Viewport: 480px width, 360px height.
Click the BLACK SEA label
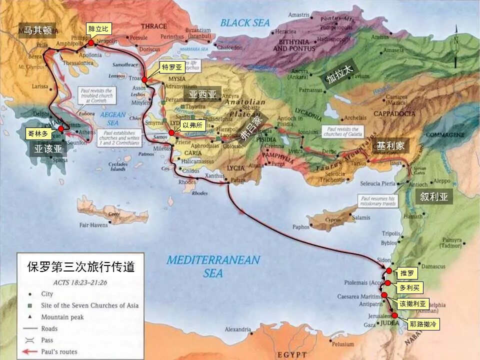click(x=245, y=22)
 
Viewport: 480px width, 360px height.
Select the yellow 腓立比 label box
click(x=98, y=29)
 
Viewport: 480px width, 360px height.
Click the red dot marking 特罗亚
click(x=144, y=79)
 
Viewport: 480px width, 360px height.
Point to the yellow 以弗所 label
click(x=192, y=125)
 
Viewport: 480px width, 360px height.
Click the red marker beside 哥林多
click(x=61, y=129)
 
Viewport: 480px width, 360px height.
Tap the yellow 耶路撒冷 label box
click(x=422, y=324)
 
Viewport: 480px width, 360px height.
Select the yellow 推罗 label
click(x=407, y=273)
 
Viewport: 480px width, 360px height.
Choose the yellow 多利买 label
click(x=409, y=288)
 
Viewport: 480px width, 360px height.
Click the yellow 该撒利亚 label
click(x=412, y=303)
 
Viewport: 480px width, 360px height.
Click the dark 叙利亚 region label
click(x=433, y=197)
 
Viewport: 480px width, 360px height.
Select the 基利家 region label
click(x=390, y=146)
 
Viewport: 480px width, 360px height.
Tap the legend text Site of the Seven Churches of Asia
click(x=90, y=305)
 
